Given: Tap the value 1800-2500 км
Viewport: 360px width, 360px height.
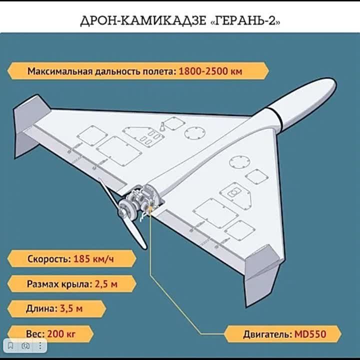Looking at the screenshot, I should [210, 71].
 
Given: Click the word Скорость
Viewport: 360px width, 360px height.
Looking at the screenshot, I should [48, 259].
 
